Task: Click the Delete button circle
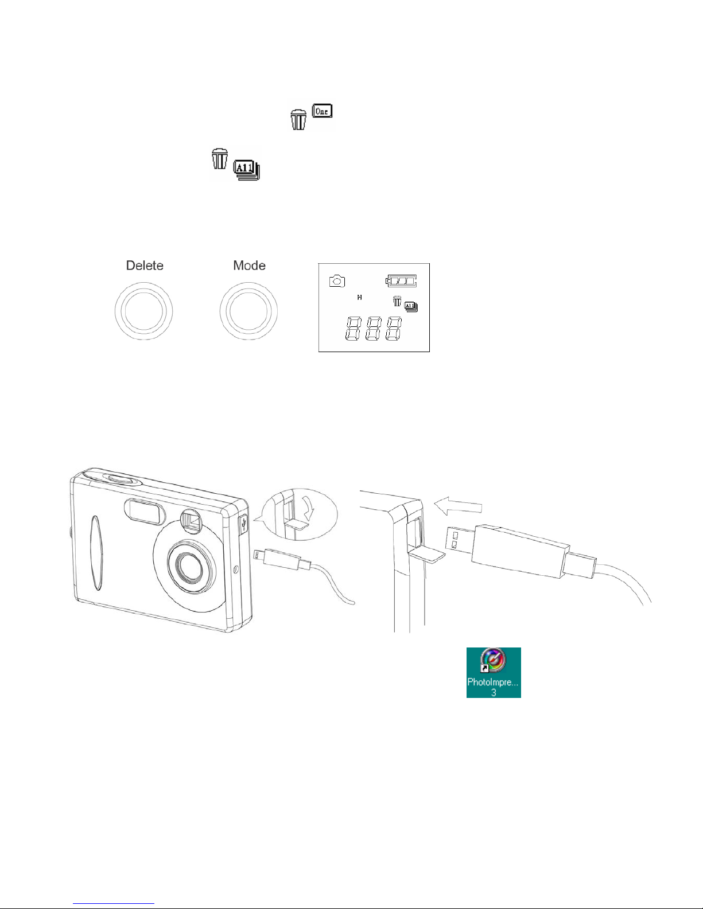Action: [x=144, y=311]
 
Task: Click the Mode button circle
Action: [x=248, y=311]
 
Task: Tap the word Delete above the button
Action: [x=145, y=266]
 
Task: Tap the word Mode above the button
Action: [x=249, y=266]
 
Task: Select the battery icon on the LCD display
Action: [x=401, y=281]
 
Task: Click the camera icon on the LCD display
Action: [x=337, y=281]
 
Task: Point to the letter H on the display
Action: [x=360, y=298]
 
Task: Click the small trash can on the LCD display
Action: [x=397, y=301]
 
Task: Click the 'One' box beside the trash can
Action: [x=322, y=111]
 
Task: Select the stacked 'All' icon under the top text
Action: [x=247, y=170]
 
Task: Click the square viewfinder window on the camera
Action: [x=191, y=521]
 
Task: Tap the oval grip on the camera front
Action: [x=95, y=553]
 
